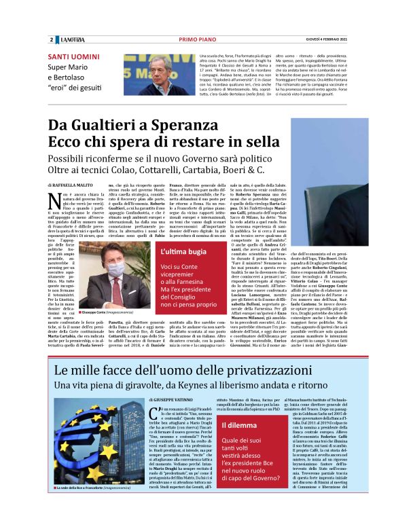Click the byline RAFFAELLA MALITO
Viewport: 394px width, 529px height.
pos(72,184)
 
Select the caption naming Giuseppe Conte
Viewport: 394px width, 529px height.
pos(94,292)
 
